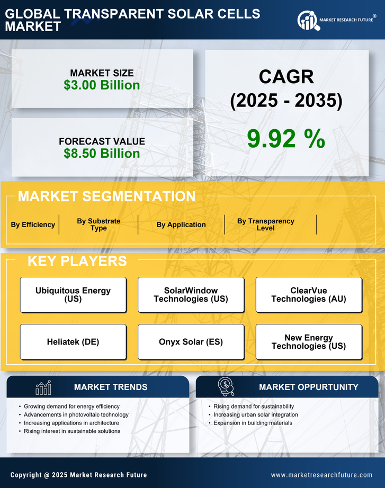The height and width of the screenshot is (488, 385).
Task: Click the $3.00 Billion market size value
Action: (102, 85)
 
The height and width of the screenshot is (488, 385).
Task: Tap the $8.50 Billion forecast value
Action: (102, 153)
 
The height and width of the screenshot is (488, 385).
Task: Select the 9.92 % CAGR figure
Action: (286, 138)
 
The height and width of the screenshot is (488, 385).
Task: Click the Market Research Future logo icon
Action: (307, 20)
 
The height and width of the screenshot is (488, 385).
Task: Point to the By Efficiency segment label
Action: (33, 224)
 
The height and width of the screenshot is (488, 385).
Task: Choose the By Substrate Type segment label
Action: (99, 224)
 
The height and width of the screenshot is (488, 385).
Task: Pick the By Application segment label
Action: (181, 224)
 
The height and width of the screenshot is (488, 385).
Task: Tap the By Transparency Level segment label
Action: (265, 224)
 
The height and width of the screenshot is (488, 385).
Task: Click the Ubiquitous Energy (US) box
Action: (73, 295)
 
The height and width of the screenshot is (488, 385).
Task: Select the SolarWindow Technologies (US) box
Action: (191, 295)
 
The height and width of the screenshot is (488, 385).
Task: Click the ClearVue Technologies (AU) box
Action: (309, 295)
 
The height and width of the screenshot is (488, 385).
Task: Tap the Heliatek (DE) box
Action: (73, 342)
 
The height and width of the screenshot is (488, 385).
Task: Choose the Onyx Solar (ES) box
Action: (191, 342)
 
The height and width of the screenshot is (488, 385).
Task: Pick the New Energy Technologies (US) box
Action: (309, 342)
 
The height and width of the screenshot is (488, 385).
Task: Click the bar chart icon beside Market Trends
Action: (43, 387)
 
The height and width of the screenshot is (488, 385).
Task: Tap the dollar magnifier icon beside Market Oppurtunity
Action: (226, 387)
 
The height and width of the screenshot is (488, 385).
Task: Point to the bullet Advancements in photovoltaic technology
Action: (76, 414)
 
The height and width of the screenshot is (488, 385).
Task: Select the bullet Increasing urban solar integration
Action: (255, 414)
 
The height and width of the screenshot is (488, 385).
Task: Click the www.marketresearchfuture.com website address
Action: (321, 475)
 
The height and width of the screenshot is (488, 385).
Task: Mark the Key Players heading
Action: (77, 261)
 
